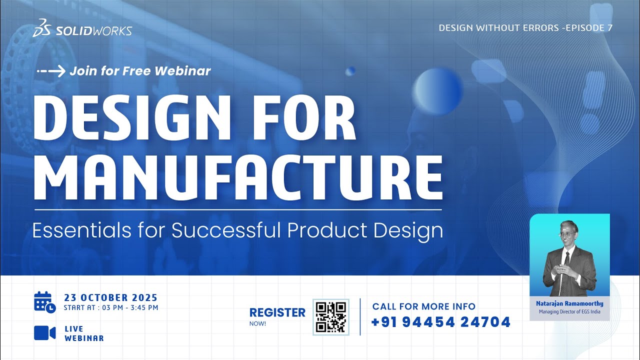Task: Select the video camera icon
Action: (x=44, y=333)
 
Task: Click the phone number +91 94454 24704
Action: (x=440, y=322)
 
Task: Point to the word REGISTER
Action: (x=277, y=312)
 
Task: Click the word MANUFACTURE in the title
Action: (x=238, y=172)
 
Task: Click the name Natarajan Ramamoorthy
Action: (x=569, y=303)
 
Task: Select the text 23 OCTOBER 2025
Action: (x=110, y=298)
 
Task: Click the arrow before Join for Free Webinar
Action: (x=51, y=71)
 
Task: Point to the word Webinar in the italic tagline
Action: (x=183, y=71)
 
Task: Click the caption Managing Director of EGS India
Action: (x=569, y=312)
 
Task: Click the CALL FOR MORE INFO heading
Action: (x=423, y=306)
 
